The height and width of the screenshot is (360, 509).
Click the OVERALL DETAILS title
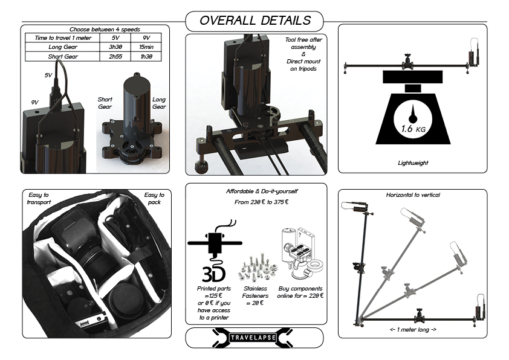[x=255, y=21]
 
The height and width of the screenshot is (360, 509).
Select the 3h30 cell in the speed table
[x=115, y=47]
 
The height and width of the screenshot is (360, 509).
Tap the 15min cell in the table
[x=146, y=47]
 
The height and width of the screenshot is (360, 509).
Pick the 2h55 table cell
[x=115, y=56]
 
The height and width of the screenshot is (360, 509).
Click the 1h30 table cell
[x=146, y=56]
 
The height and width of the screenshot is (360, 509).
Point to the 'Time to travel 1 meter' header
[x=63, y=38]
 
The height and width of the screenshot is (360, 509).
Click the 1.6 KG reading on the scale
[x=413, y=129]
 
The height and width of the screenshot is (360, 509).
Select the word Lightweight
[x=413, y=163]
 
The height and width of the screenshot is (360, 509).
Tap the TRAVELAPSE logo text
[x=253, y=338]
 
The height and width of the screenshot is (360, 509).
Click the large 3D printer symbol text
[x=213, y=274]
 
